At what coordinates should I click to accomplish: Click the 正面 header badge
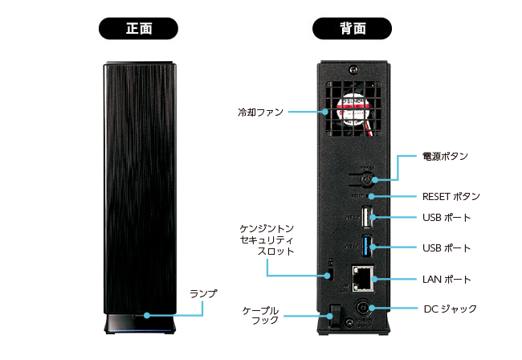click(139, 28)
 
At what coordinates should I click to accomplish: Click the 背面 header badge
click(353, 28)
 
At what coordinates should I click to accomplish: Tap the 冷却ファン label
click(260, 112)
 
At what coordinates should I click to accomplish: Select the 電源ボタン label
click(445, 155)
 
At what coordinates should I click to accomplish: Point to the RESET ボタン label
click(451, 196)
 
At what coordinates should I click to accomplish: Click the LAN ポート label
click(447, 280)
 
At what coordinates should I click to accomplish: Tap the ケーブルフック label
click(260, 315)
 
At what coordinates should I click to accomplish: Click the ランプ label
click(203, 293)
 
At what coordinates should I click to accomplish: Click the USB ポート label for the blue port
click(447, 247)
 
